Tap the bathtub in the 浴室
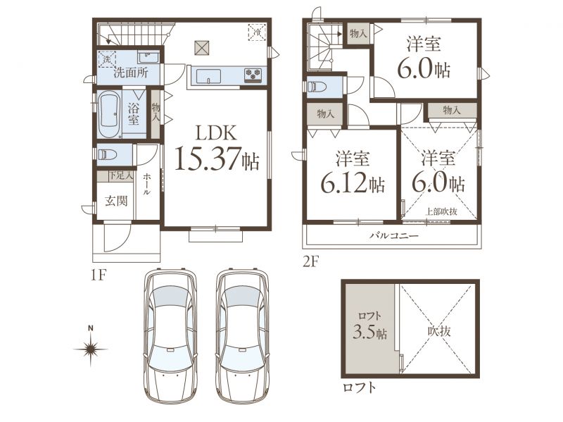(108, 114)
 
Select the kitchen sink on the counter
(208, 76)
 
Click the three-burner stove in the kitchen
(253, 74)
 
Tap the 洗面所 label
(131, 73)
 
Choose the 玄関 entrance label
(116, 201)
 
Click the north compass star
(91, 348)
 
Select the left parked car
(170, 336)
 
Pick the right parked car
(242, 336)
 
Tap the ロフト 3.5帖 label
(370, 326)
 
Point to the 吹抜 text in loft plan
(439, 330)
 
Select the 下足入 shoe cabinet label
(121, 175)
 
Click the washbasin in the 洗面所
(148, 57)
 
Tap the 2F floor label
(311, 261)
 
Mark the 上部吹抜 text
(441, 212)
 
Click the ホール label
(147, 185)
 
